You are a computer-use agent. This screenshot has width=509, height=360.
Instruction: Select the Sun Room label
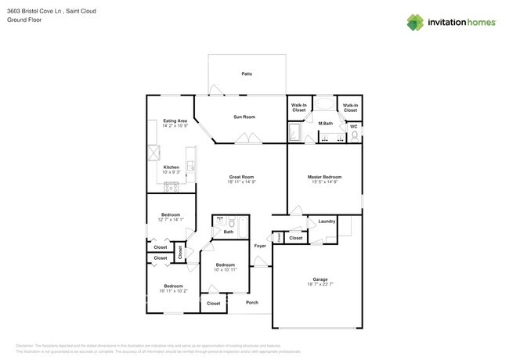[x=244, y=117]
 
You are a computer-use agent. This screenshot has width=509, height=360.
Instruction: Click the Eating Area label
[x=175, y=121]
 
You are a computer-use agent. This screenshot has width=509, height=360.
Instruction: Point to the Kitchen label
[x=171, y=167]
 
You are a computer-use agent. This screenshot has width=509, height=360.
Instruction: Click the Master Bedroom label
[x=323, y=177]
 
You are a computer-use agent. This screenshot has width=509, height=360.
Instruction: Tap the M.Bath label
[x=326, y=124]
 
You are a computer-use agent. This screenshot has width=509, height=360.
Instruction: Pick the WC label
[x=353, y=126]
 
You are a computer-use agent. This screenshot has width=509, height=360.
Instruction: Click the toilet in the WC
[x=354, y=135]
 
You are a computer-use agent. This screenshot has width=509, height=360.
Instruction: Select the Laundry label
[x=327, y=221]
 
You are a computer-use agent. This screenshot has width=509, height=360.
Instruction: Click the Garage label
[x=320, y=279]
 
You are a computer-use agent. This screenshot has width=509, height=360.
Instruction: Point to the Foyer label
[x=260, y=246]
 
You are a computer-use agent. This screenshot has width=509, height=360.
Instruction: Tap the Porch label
[x=252, y=302]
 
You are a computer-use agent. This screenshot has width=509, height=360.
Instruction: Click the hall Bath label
[x=228, y=232]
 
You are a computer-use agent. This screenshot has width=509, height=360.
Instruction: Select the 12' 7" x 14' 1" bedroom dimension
[x=171, y=220]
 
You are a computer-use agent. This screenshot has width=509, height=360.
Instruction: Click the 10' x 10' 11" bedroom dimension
[x=226, y=270]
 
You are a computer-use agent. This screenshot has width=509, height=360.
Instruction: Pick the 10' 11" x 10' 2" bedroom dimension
[x=173, y=291]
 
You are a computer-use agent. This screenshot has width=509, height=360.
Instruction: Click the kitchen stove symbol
[x=171, y=187]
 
